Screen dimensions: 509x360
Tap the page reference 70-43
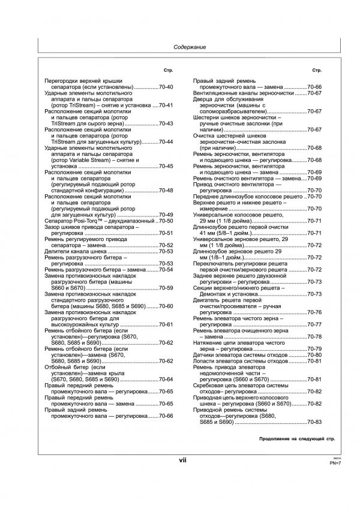[x=166, y=124]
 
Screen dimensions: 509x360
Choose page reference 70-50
[x=166, y=221]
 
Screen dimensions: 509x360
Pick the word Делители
[x=59, y=252]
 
